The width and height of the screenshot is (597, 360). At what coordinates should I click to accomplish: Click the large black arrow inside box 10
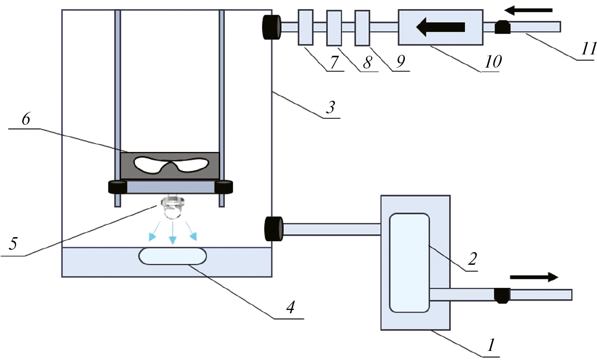coord(441,27)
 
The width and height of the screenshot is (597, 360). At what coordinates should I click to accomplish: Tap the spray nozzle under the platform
coord(172,208)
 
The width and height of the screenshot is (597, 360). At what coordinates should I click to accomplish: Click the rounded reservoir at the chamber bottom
coord(173,256)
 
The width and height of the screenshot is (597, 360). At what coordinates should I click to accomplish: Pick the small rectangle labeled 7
coord(306,28)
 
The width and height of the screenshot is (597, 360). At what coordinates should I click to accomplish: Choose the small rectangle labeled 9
coord(362,28)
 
